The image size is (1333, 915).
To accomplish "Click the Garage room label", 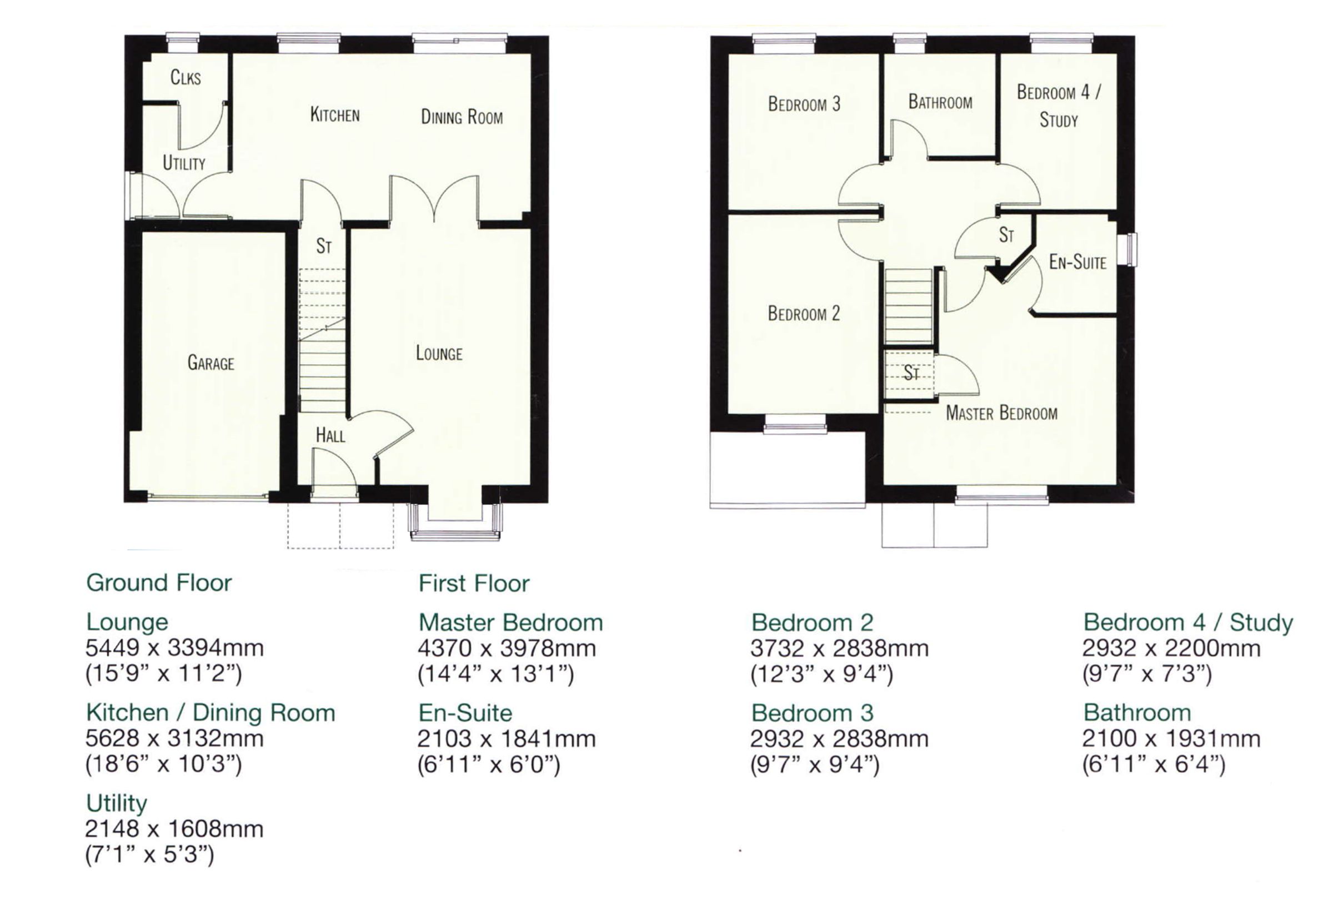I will [211, 363].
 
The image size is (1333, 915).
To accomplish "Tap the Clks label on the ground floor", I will [186, 77].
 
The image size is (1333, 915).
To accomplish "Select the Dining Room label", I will [461, 117].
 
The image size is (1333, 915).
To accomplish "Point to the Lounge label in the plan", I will [439, 353].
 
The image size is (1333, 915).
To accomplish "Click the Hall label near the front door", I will [330, 436].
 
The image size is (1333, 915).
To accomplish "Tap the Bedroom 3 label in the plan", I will [804, 104].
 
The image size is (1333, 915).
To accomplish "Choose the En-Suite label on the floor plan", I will [1077, 262].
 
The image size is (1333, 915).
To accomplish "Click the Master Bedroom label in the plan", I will [1001, 413].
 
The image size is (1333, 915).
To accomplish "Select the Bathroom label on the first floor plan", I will [940, 102].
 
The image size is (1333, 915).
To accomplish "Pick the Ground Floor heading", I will [159, 583].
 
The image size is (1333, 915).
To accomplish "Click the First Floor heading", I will [474, 584].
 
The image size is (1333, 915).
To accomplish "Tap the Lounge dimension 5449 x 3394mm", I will [174, 648].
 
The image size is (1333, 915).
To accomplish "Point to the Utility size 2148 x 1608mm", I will [174, 829].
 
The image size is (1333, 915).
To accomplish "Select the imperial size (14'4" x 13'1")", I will [495, 674].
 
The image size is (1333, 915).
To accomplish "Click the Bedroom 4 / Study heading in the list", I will [1188, 622].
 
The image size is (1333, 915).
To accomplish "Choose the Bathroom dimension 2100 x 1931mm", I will [1171, 738].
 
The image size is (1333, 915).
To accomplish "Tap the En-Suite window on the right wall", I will [1131, 249].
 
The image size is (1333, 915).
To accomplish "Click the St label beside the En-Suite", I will [1006, 234].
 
